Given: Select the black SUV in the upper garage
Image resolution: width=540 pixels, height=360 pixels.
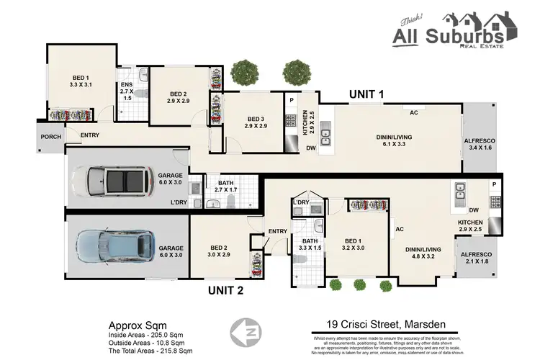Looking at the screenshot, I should pyautogui.click(x=117, y=181).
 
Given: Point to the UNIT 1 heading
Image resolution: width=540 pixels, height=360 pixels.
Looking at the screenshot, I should pyautogui.click(x=367, y=94).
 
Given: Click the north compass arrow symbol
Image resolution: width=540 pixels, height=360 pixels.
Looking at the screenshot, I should pyautogui.click(x=244, y=333).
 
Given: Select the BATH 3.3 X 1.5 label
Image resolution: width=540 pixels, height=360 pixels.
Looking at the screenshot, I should pyautogui.click(x=310, y=246).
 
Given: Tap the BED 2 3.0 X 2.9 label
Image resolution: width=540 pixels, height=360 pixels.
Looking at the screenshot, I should pyautogui.click(x=220, y=250).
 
